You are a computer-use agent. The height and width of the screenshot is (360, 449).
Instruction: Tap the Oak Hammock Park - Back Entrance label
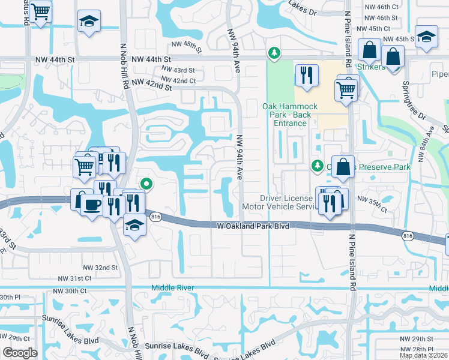coord(285,115)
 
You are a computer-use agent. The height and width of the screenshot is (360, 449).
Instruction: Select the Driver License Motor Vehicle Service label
coord(287,202)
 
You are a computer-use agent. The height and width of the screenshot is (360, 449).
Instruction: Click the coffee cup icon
coord(91,205)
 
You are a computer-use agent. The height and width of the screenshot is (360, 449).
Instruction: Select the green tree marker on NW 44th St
coord(274,53)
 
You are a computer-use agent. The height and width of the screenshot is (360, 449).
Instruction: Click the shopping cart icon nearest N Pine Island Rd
coord(346,90)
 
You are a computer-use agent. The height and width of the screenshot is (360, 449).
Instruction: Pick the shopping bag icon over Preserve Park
coord(342,167)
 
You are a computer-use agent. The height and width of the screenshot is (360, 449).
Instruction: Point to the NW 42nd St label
coord(152,85)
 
